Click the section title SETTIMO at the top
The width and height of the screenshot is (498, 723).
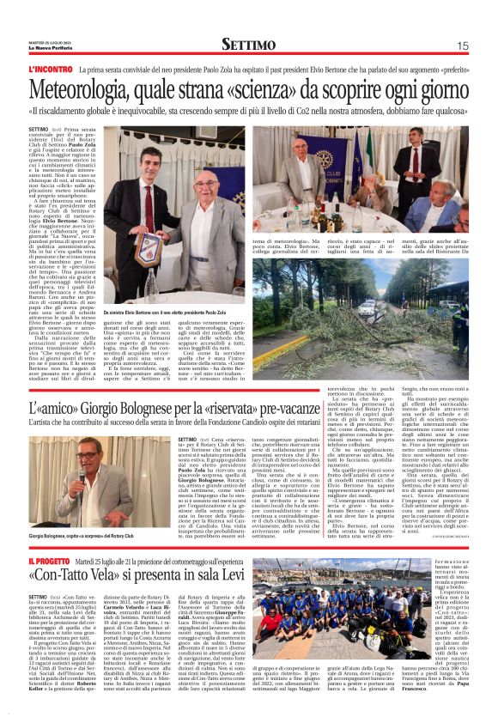coord(248,44)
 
